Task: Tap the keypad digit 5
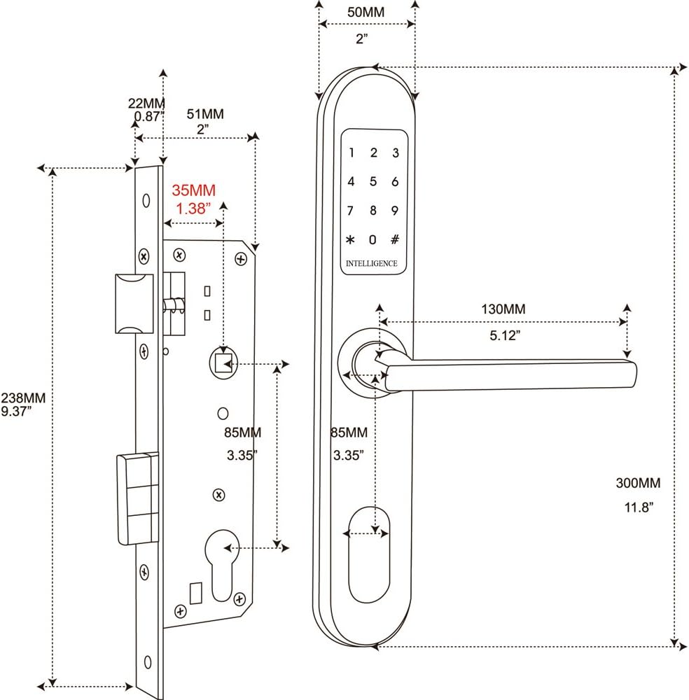click(x=373, y=182)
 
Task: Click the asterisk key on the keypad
click(x=351, y=240)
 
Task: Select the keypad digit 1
click(x=352, y=153)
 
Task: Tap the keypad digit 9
click(x=395, y=211)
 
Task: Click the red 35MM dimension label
click(x=193, y=190)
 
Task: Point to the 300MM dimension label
click(x=638, y=483)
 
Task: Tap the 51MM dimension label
click(x=204, y=115)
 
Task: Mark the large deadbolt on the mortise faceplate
click(x=137, y=498)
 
